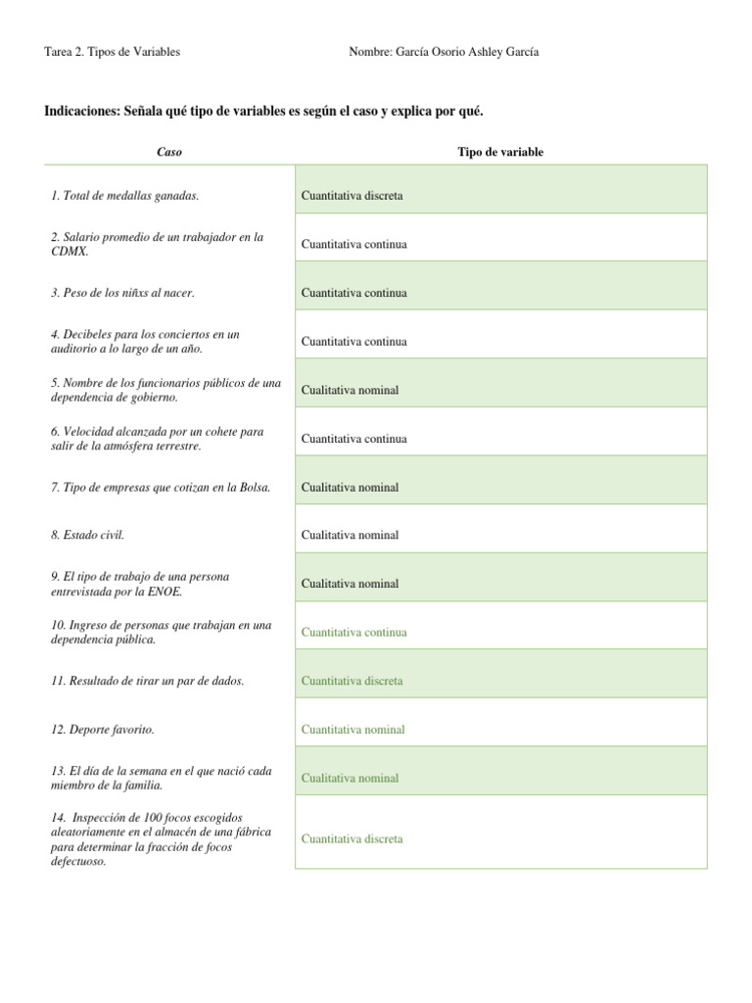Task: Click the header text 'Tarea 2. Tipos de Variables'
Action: point(113,52)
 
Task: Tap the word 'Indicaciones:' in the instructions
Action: point(81,112)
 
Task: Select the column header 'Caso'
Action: point(169,152)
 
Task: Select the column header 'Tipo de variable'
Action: point(500,152)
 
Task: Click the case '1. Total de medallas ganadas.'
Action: point(124,196)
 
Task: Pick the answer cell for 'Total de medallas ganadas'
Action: point(352,196)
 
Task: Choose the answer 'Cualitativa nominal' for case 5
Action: point(350,390)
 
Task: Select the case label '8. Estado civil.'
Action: point(87,536)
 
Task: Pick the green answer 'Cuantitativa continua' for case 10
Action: point(354,633)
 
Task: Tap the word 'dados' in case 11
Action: point(227,681)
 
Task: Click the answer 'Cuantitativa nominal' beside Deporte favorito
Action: point(352,730)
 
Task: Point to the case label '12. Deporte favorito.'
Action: point(102,730)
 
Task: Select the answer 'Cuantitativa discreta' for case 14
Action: point(352,839)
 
